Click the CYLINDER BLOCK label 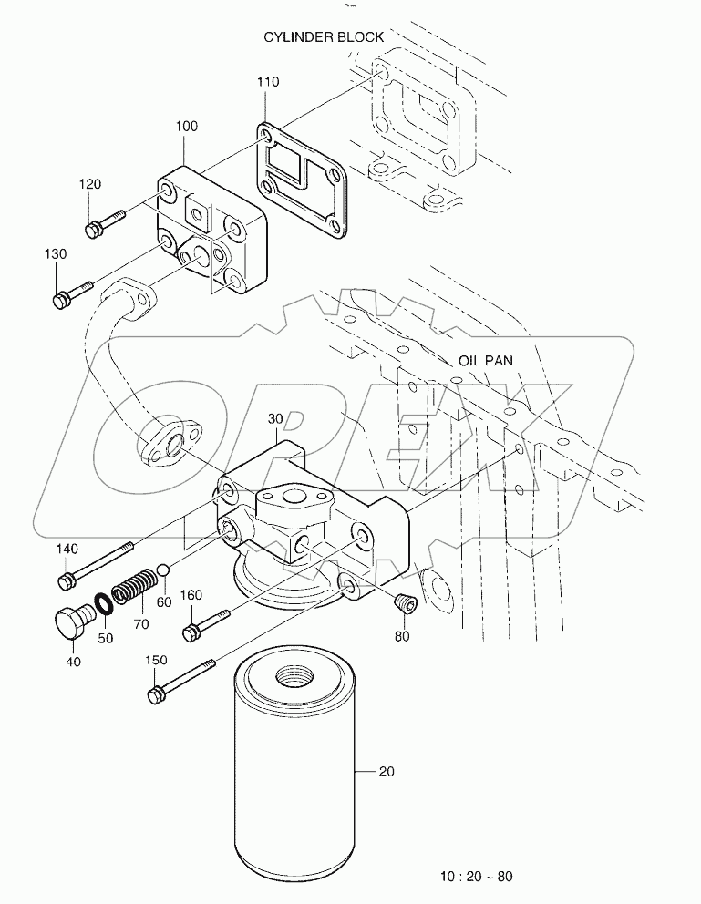click(x=324, y=37)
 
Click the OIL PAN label click(x=485, y=361)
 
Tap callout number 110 click(x=268, y=82)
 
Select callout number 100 click(x=186, y=127)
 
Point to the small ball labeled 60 click(x=163, y=570)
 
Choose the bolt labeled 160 click(x=205, y=625)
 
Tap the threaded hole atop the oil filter click(x=293, y=676)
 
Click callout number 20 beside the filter click(x=386, y=772)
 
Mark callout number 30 click(x=277, y=418)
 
